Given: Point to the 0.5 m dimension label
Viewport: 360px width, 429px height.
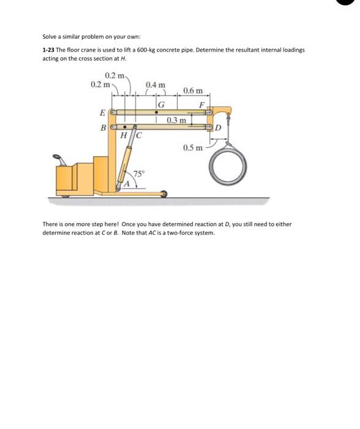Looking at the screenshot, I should click(192, 148).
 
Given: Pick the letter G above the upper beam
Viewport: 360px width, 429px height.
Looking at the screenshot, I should click(160, 105).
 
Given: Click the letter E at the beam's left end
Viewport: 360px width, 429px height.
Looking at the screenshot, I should click(102, 112).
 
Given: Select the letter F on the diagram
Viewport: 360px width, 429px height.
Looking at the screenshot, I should click(201, 105).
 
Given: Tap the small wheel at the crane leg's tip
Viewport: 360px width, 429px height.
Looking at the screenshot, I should click(163, 194).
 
